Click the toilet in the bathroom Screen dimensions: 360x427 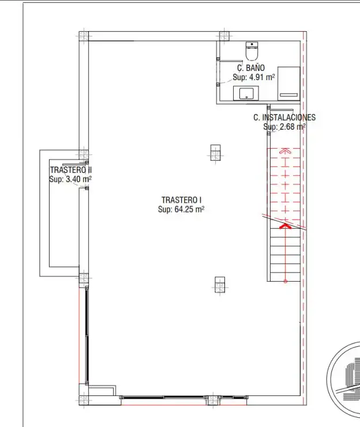pyautogui.click(x=252, y=51)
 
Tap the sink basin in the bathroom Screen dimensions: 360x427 pyautogui.click(x=246, y=93)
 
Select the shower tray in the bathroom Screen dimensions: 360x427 pyautogui.click(x=289, y=84)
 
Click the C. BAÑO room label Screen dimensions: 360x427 pyautogui.click(x=251, y=67)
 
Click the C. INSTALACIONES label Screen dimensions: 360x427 pyautogui.click(x=284, y=118)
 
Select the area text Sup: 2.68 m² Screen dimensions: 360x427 pyautogui.click(x=284, y=127)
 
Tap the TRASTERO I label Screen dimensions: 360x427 pyautogui.click(x=181, y=200)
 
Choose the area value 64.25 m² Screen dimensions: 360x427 pyautogui.click(x=189, y=209)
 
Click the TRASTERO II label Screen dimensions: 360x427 pyautogui.click(x=70, y=170)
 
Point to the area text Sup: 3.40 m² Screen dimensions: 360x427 pyautogui.click(x=70, y=179)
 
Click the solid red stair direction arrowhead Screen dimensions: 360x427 pyautogui.click(x=285, y=226)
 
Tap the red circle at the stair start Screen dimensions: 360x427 pyautogui.click(x=285, y=281)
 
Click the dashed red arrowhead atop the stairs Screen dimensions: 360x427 pyautogui.click(x=285, y=150)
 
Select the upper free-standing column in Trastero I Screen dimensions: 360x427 pyautogui.click(x=215, y=153)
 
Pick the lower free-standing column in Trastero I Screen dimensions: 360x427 pyautogui.click(x=220, y=285)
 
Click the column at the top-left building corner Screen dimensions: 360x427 pyautogui.click(x=84, y=36)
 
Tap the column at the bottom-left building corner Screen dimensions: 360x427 pyautogui.click(x=84, y=400)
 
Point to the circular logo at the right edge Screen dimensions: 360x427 pyautogui.click(x=345, y=380)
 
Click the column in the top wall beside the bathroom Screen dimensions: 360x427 pyautogui.click(x=224, y=36)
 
